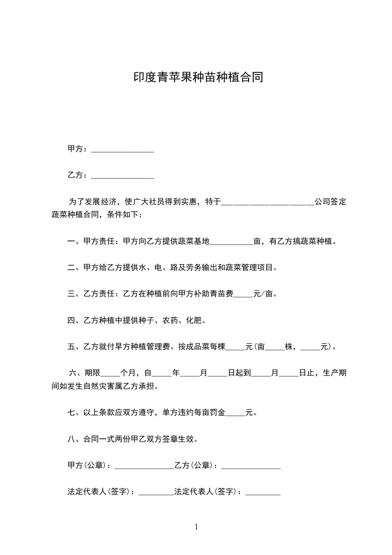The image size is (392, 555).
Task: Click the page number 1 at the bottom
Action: [196, 527]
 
